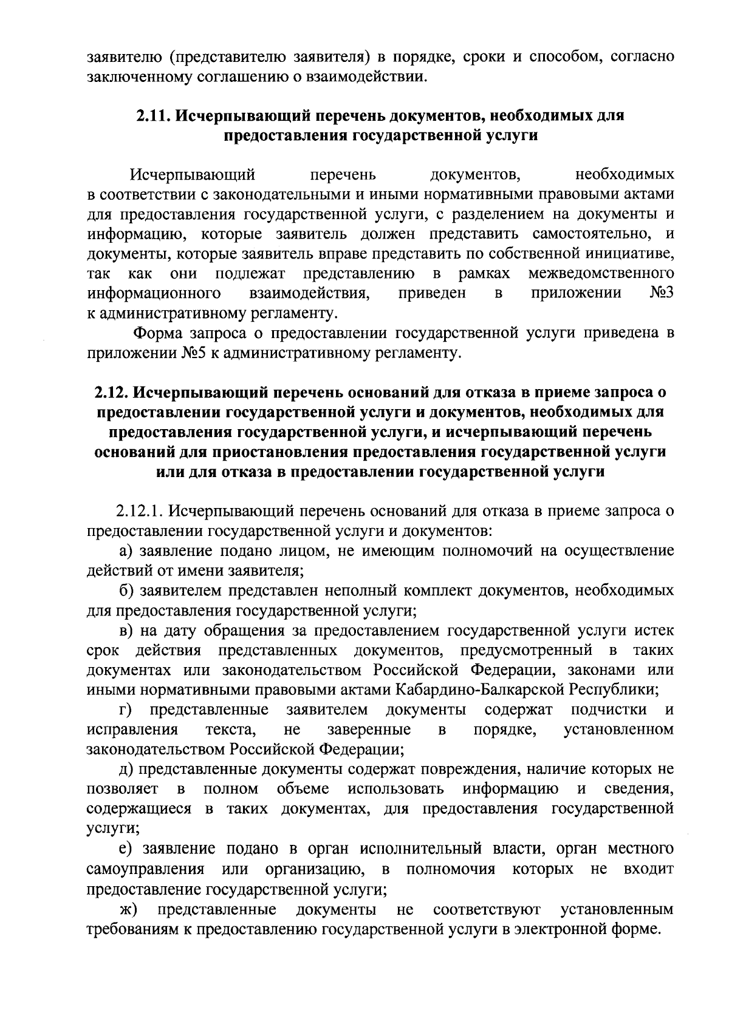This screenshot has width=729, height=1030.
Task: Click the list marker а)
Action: pos(126,551)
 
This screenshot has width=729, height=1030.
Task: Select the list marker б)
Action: pos(126,591)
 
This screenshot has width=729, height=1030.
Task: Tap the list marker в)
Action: pos(126,631)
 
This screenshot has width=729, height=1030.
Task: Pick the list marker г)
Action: pos(125,710)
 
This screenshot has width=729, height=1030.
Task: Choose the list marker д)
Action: pos(126,770)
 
